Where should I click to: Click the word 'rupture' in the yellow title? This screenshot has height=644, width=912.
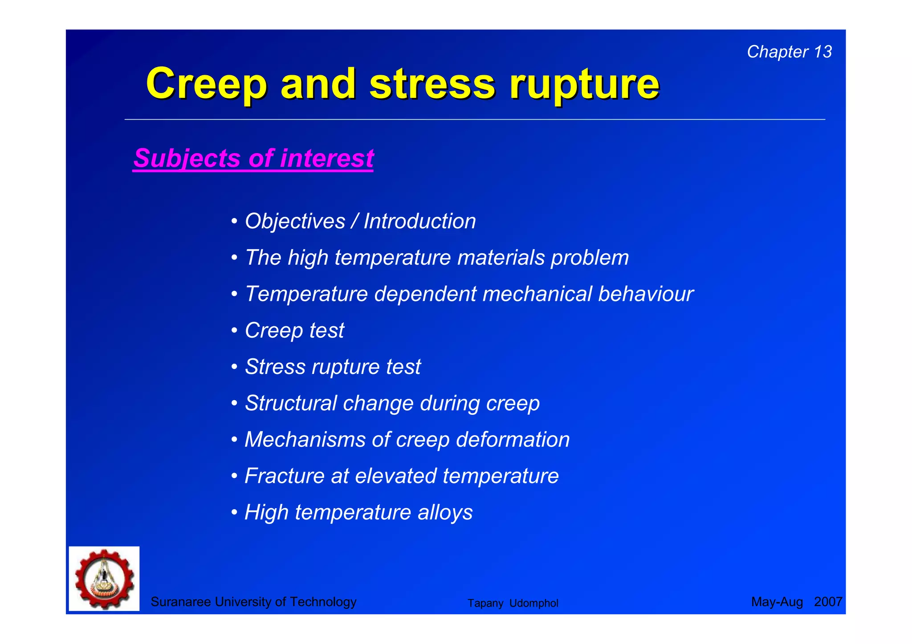584,85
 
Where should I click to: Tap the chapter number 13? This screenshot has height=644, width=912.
822,52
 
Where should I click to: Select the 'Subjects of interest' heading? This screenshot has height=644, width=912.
253,158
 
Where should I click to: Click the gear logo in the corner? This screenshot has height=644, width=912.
104,579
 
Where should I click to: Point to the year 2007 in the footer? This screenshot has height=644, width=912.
828,602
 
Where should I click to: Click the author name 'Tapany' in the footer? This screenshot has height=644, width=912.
485,603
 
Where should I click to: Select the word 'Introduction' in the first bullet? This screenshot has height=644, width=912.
419,221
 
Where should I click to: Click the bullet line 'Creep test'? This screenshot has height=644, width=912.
294,330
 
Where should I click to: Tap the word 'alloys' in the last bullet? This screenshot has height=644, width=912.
445,512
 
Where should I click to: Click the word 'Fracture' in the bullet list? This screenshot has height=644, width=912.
284,476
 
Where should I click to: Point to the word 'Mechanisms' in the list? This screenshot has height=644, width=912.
305,440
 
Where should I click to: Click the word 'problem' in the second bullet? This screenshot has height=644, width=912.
590,258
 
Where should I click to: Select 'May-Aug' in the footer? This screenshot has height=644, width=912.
777,602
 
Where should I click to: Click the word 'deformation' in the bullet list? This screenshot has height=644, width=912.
513,440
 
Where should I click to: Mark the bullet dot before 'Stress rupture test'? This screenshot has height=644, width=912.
234,367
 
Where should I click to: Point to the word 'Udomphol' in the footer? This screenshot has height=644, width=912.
533,603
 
